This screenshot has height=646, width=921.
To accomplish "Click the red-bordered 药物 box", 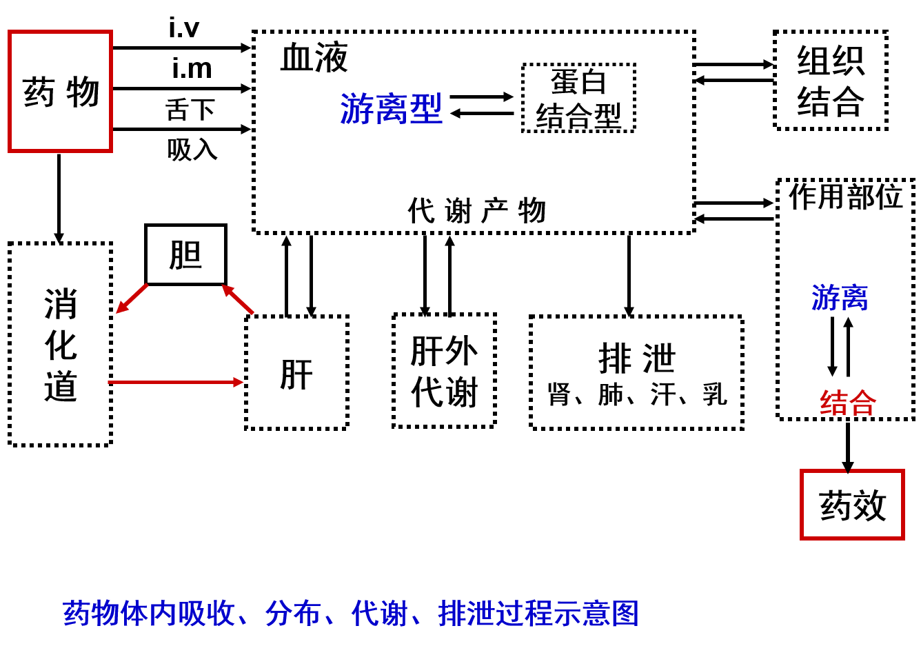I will [60, 91].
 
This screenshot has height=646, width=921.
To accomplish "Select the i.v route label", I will [184, 27].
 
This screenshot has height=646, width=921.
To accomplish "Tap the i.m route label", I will [192, 68].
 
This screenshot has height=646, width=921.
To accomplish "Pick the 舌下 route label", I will [190, 109].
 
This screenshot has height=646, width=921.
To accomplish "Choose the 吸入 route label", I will [192, 149].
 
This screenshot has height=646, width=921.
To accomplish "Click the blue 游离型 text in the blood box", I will [391, 109].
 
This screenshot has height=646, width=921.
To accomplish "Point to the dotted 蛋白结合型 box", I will [578, 98].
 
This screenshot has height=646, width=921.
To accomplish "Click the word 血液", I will [314, 57].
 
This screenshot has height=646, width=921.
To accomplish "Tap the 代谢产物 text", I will [477, 210].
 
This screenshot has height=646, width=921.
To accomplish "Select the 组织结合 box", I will [830, 81].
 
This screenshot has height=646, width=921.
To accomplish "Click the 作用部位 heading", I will [845, 196].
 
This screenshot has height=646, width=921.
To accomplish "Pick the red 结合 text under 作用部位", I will [847, 403].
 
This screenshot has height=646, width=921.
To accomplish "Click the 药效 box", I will [852, 505].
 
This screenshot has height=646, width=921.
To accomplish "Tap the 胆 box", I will [185, 254].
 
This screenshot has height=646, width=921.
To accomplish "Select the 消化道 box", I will [61, 344].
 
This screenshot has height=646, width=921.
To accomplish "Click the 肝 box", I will [296, 373].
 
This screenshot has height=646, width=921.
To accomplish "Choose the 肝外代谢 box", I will [444, 371].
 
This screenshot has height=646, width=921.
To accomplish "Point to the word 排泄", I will [636, 358].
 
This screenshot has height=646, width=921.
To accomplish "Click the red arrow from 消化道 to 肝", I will [176, 382].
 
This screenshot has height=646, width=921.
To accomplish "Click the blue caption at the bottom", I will [350, 612].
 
